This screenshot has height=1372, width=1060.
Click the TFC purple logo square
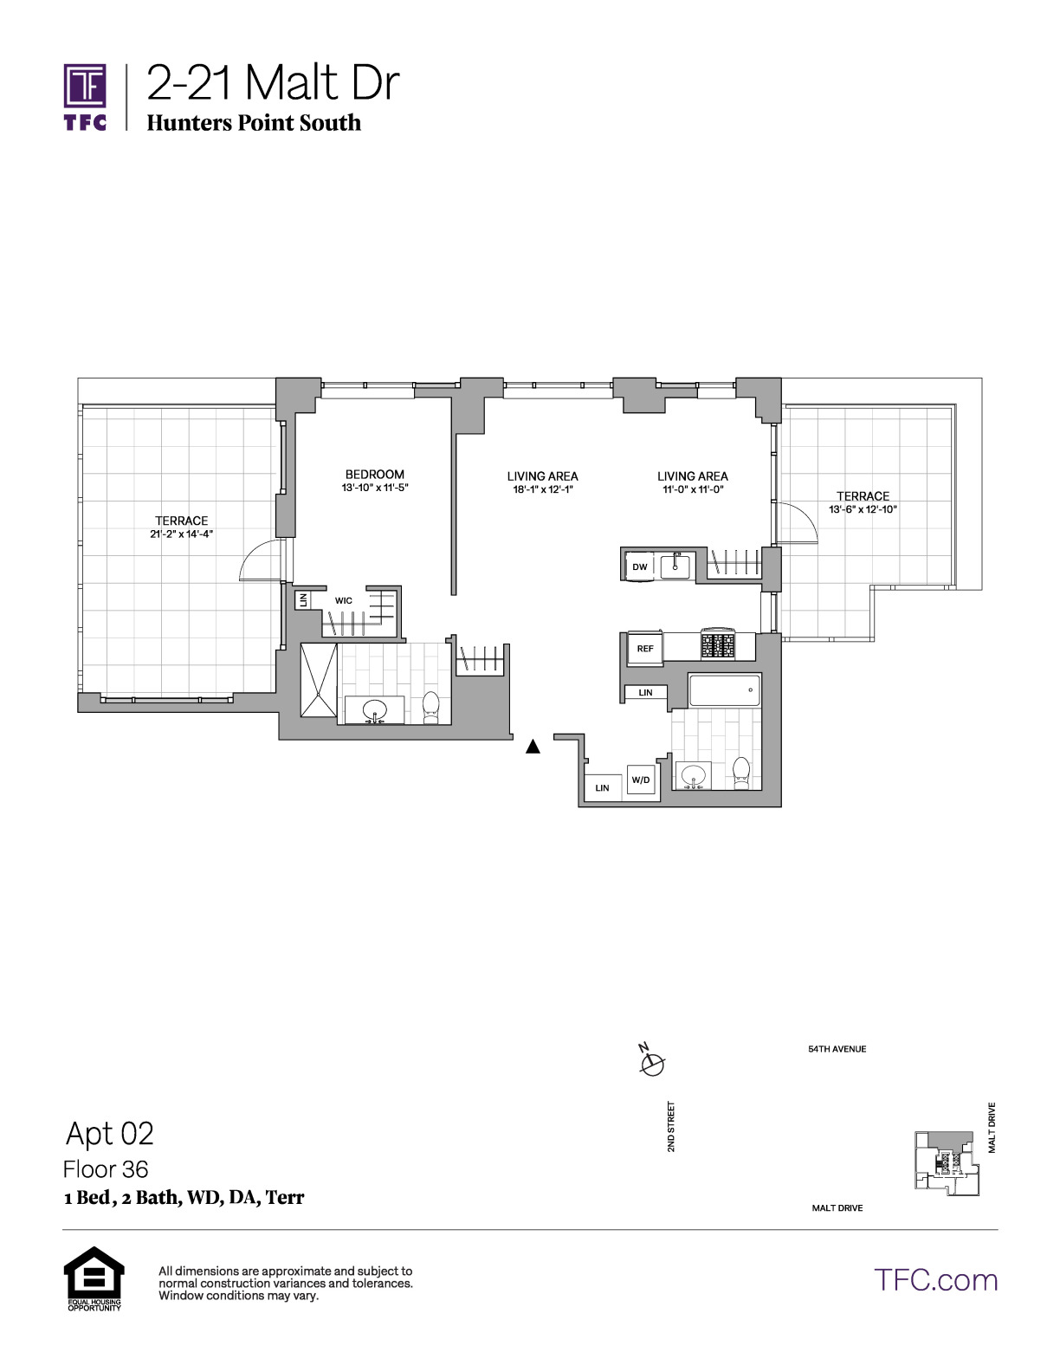click(85, 85)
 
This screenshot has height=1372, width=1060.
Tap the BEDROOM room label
click(374, 474)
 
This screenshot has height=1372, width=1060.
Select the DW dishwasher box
click(639, 566)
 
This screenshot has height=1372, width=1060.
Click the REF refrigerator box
click(644, 649)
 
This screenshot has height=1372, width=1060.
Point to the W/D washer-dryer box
click(640, 780)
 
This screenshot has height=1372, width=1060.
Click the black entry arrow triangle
click(533, 747)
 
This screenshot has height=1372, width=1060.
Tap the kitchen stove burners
click(718, 644)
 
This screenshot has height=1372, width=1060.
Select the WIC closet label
click(344, 600)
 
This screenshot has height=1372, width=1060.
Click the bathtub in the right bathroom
click(725, 690)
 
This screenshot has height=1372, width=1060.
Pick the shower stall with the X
click(319, 680)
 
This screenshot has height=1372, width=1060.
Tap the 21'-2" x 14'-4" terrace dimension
click(181, 534)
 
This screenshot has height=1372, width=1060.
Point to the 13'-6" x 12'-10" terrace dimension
click(863, 509)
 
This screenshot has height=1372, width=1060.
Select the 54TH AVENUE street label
click(837, 1049)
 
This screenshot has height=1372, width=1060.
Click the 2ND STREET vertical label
click(671, 1126)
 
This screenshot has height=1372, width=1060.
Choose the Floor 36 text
click(106, 1169)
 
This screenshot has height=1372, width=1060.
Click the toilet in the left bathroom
click(430, 707)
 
